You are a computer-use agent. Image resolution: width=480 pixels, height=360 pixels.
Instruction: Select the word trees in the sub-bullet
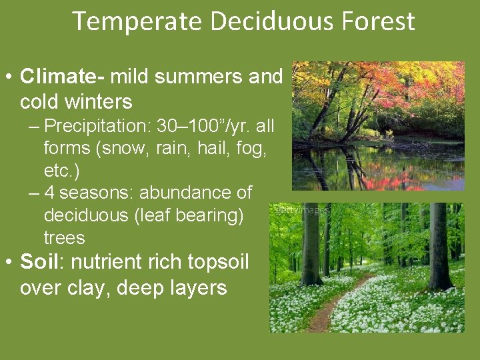[x=64, y=238]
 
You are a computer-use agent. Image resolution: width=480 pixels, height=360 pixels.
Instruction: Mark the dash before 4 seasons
[x=35, y=193]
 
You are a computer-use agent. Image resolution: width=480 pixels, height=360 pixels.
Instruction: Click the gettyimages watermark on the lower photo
[x=300, y=209]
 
